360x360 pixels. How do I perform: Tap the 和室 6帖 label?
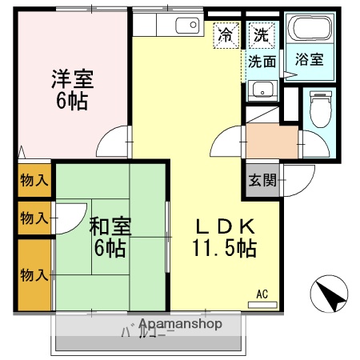click(x=107, y=236)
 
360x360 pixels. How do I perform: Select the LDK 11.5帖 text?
click(x=223, y=237)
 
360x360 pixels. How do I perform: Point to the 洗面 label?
click(x=262, y=61)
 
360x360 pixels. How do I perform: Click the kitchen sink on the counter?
click(x=187, y=26)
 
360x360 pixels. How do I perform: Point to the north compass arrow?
click(x=330, y=294)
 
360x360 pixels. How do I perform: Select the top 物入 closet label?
click(x=34, y=180)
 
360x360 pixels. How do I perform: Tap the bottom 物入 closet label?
click(x=34, y=276)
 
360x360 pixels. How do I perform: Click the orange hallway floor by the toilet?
click(x=270, y=139)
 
